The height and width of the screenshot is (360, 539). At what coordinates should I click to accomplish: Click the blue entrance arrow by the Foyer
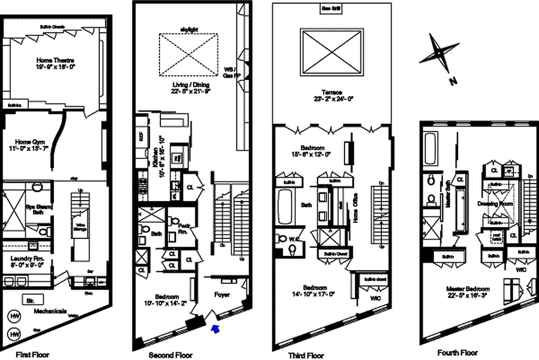pos(217,330)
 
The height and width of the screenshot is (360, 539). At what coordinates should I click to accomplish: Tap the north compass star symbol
pos(439,54)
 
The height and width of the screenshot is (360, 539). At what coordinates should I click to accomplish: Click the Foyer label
pos(222,295)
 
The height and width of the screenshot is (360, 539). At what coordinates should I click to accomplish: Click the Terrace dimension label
pos(332,95)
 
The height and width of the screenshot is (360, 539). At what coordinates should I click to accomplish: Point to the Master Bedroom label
pos(467,292)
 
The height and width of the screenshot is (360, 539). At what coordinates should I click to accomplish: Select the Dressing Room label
pos(495,203)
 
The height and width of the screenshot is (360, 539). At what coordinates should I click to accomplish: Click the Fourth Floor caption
pos(457,353)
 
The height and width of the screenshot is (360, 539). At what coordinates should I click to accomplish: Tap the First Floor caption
pos(32,355)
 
